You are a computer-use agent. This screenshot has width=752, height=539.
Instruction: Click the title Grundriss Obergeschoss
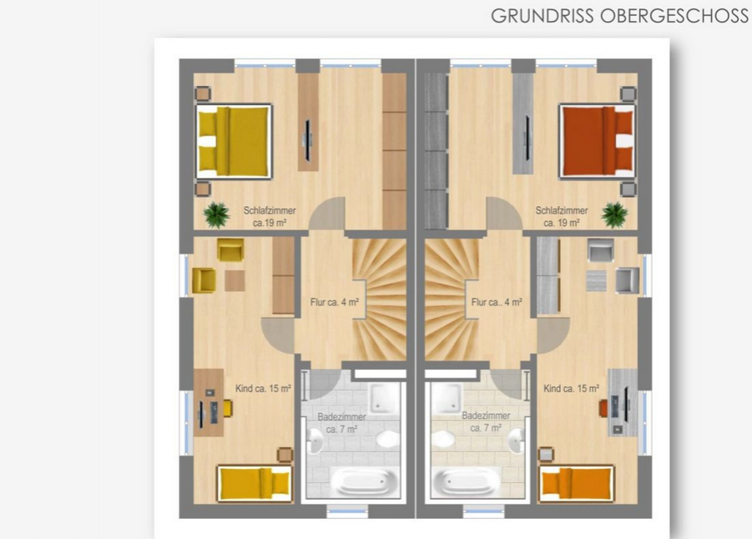619,16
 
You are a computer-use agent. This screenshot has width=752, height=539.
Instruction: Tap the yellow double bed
234,141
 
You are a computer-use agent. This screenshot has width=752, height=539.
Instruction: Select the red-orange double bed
598,141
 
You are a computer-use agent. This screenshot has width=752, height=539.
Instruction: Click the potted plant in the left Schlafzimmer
216,214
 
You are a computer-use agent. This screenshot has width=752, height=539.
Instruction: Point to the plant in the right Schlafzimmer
614,214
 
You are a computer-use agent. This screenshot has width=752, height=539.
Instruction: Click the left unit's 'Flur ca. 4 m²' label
335,302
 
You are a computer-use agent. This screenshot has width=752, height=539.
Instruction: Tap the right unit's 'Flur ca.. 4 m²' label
497,302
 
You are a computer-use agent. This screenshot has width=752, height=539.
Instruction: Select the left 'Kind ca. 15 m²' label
263,389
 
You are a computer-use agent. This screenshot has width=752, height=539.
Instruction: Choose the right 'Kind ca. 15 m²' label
571,389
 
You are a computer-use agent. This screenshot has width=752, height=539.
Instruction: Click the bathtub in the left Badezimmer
365,481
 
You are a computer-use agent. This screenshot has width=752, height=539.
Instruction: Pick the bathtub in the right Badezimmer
467,481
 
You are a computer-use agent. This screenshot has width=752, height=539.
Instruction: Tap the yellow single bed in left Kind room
255,483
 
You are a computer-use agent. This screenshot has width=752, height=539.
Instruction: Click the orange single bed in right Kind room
576,483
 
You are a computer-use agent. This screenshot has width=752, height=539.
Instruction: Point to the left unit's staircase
380,300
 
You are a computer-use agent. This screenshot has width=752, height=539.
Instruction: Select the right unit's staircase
452,300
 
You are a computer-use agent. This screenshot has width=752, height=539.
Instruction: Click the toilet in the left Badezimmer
387,439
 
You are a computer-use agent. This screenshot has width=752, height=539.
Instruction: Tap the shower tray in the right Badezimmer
447,397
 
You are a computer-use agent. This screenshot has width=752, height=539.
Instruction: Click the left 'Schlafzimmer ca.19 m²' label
270,217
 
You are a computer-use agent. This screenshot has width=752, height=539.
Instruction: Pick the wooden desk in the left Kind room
209,403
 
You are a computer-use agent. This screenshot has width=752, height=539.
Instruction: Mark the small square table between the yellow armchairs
235,280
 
